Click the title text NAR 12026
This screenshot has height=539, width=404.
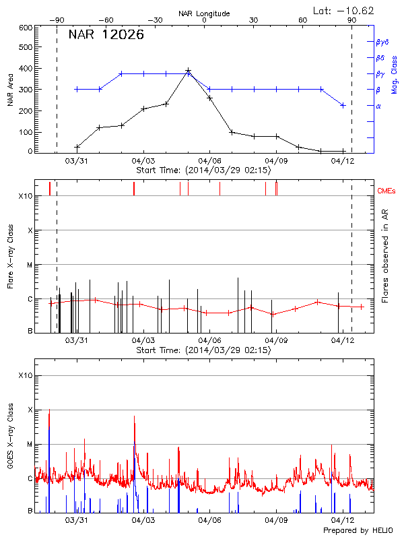[106, 35]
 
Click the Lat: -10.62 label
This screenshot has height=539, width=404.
[344, 10]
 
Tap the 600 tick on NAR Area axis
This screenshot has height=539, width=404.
[26, 28]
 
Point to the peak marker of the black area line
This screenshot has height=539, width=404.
[188, 71]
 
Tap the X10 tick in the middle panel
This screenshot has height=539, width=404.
[25, 196]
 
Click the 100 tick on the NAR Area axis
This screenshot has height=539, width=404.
[26, 132]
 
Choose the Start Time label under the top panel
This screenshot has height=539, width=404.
[203, 171]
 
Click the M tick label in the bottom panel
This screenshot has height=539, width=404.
[30, 444]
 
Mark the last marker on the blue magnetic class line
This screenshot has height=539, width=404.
[343, 105]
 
